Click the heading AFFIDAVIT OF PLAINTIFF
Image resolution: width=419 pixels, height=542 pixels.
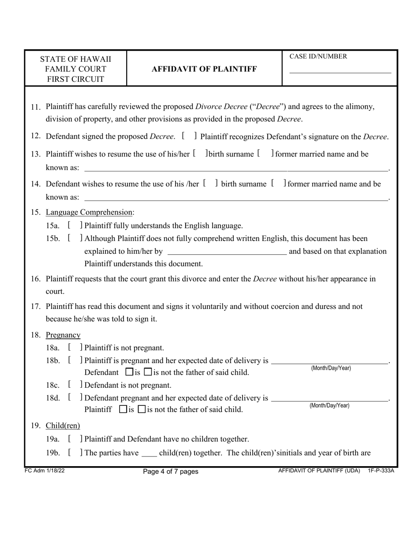coord(204,69)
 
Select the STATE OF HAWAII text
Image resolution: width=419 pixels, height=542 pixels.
coord(75,59)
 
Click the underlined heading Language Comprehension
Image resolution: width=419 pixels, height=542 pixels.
coord(90,212)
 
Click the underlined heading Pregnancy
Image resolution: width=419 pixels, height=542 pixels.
coord(63,335)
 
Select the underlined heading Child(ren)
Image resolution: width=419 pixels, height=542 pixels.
coord(63,426)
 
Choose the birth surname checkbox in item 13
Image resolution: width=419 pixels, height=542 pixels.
coord(200,154)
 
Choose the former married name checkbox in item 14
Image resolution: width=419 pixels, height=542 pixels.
coord(279,184)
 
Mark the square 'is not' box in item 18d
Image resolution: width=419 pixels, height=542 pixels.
coord(142,409)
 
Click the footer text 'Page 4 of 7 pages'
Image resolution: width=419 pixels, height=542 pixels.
coord(171,471)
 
